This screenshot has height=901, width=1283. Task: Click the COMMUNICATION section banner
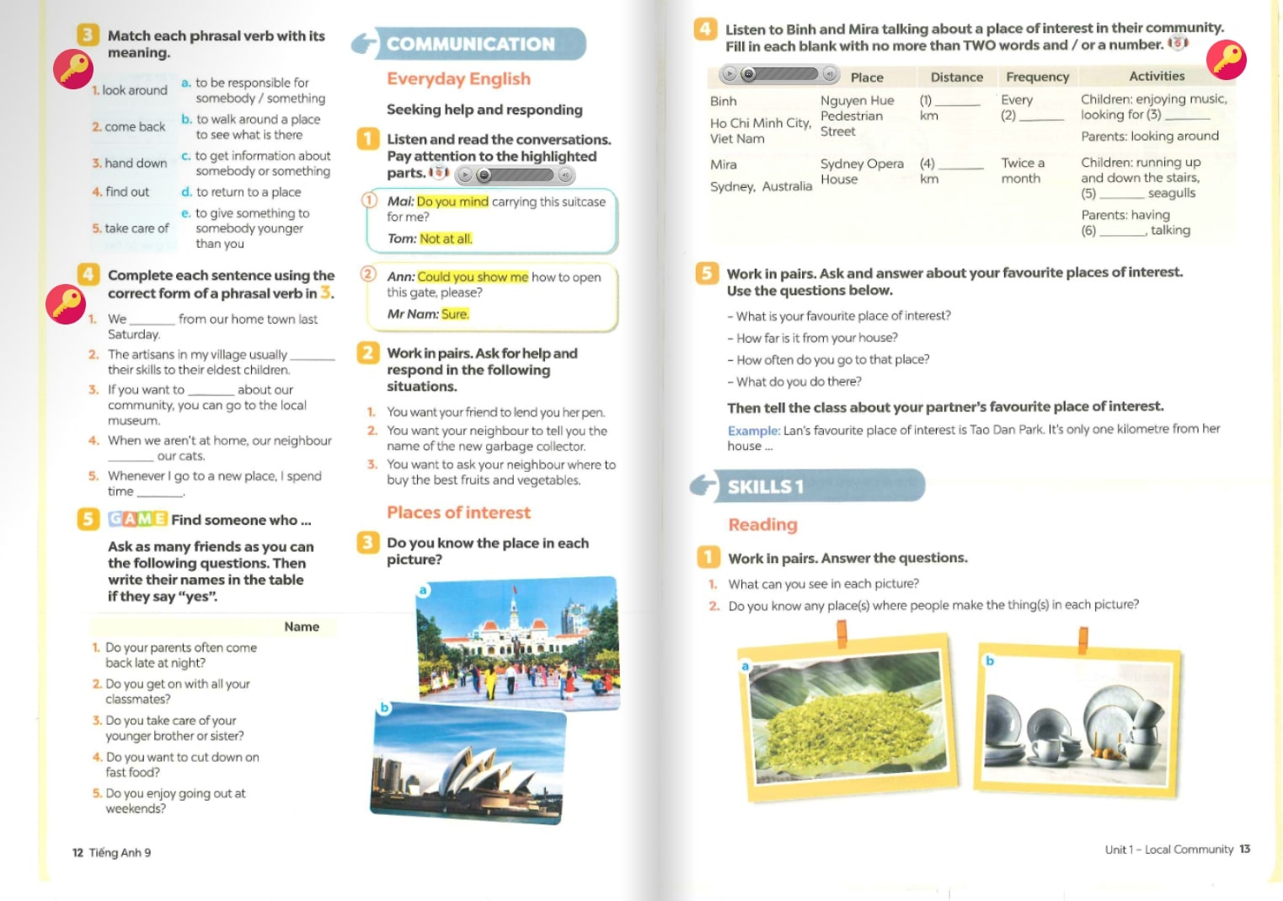[469, 44]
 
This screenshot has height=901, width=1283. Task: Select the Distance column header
[956, 77]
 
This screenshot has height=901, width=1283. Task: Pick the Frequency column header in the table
[1037, 77]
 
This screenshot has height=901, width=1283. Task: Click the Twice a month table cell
[1022, 170]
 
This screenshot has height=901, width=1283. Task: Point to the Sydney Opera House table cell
[861, 171]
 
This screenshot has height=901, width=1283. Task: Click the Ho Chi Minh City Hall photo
[518, 642]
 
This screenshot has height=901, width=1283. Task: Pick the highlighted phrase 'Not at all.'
[446, 239]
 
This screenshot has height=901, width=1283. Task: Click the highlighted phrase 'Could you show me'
[473, 276]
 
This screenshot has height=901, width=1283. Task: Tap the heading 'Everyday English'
[458, 78]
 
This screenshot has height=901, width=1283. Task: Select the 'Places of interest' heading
[458, 512]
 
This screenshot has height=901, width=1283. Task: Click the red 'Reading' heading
[762, 524]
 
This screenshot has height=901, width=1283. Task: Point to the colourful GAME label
[137, 519]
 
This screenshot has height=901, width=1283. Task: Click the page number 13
[1244, 849]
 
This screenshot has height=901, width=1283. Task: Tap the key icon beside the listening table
[1226, 60]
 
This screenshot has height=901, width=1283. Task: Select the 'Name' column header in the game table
[302, 626]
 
